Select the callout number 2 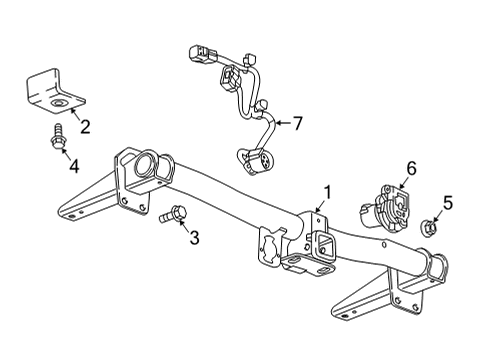pos(85,125)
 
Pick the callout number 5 pos(447,203)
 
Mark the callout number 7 pos(296,124)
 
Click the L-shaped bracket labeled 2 pos(51,90)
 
